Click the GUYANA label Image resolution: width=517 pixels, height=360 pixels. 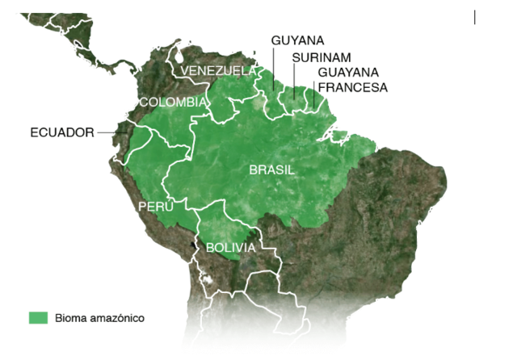point(297,40)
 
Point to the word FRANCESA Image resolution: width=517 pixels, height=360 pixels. point(353,87)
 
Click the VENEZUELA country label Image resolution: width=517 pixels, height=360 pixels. point(217,71)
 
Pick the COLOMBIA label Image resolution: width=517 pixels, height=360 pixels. point(173,103)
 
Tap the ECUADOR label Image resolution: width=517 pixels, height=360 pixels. point(62,132)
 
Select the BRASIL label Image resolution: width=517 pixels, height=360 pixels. point(271,170)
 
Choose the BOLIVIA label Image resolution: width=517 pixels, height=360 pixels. point(230,248)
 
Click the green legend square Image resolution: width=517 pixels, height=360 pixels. point(38,317)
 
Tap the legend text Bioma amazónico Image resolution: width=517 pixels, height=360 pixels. point(99,318)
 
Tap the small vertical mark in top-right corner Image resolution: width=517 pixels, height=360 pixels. point(475,17)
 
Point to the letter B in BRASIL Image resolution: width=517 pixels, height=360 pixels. point(253,170)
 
